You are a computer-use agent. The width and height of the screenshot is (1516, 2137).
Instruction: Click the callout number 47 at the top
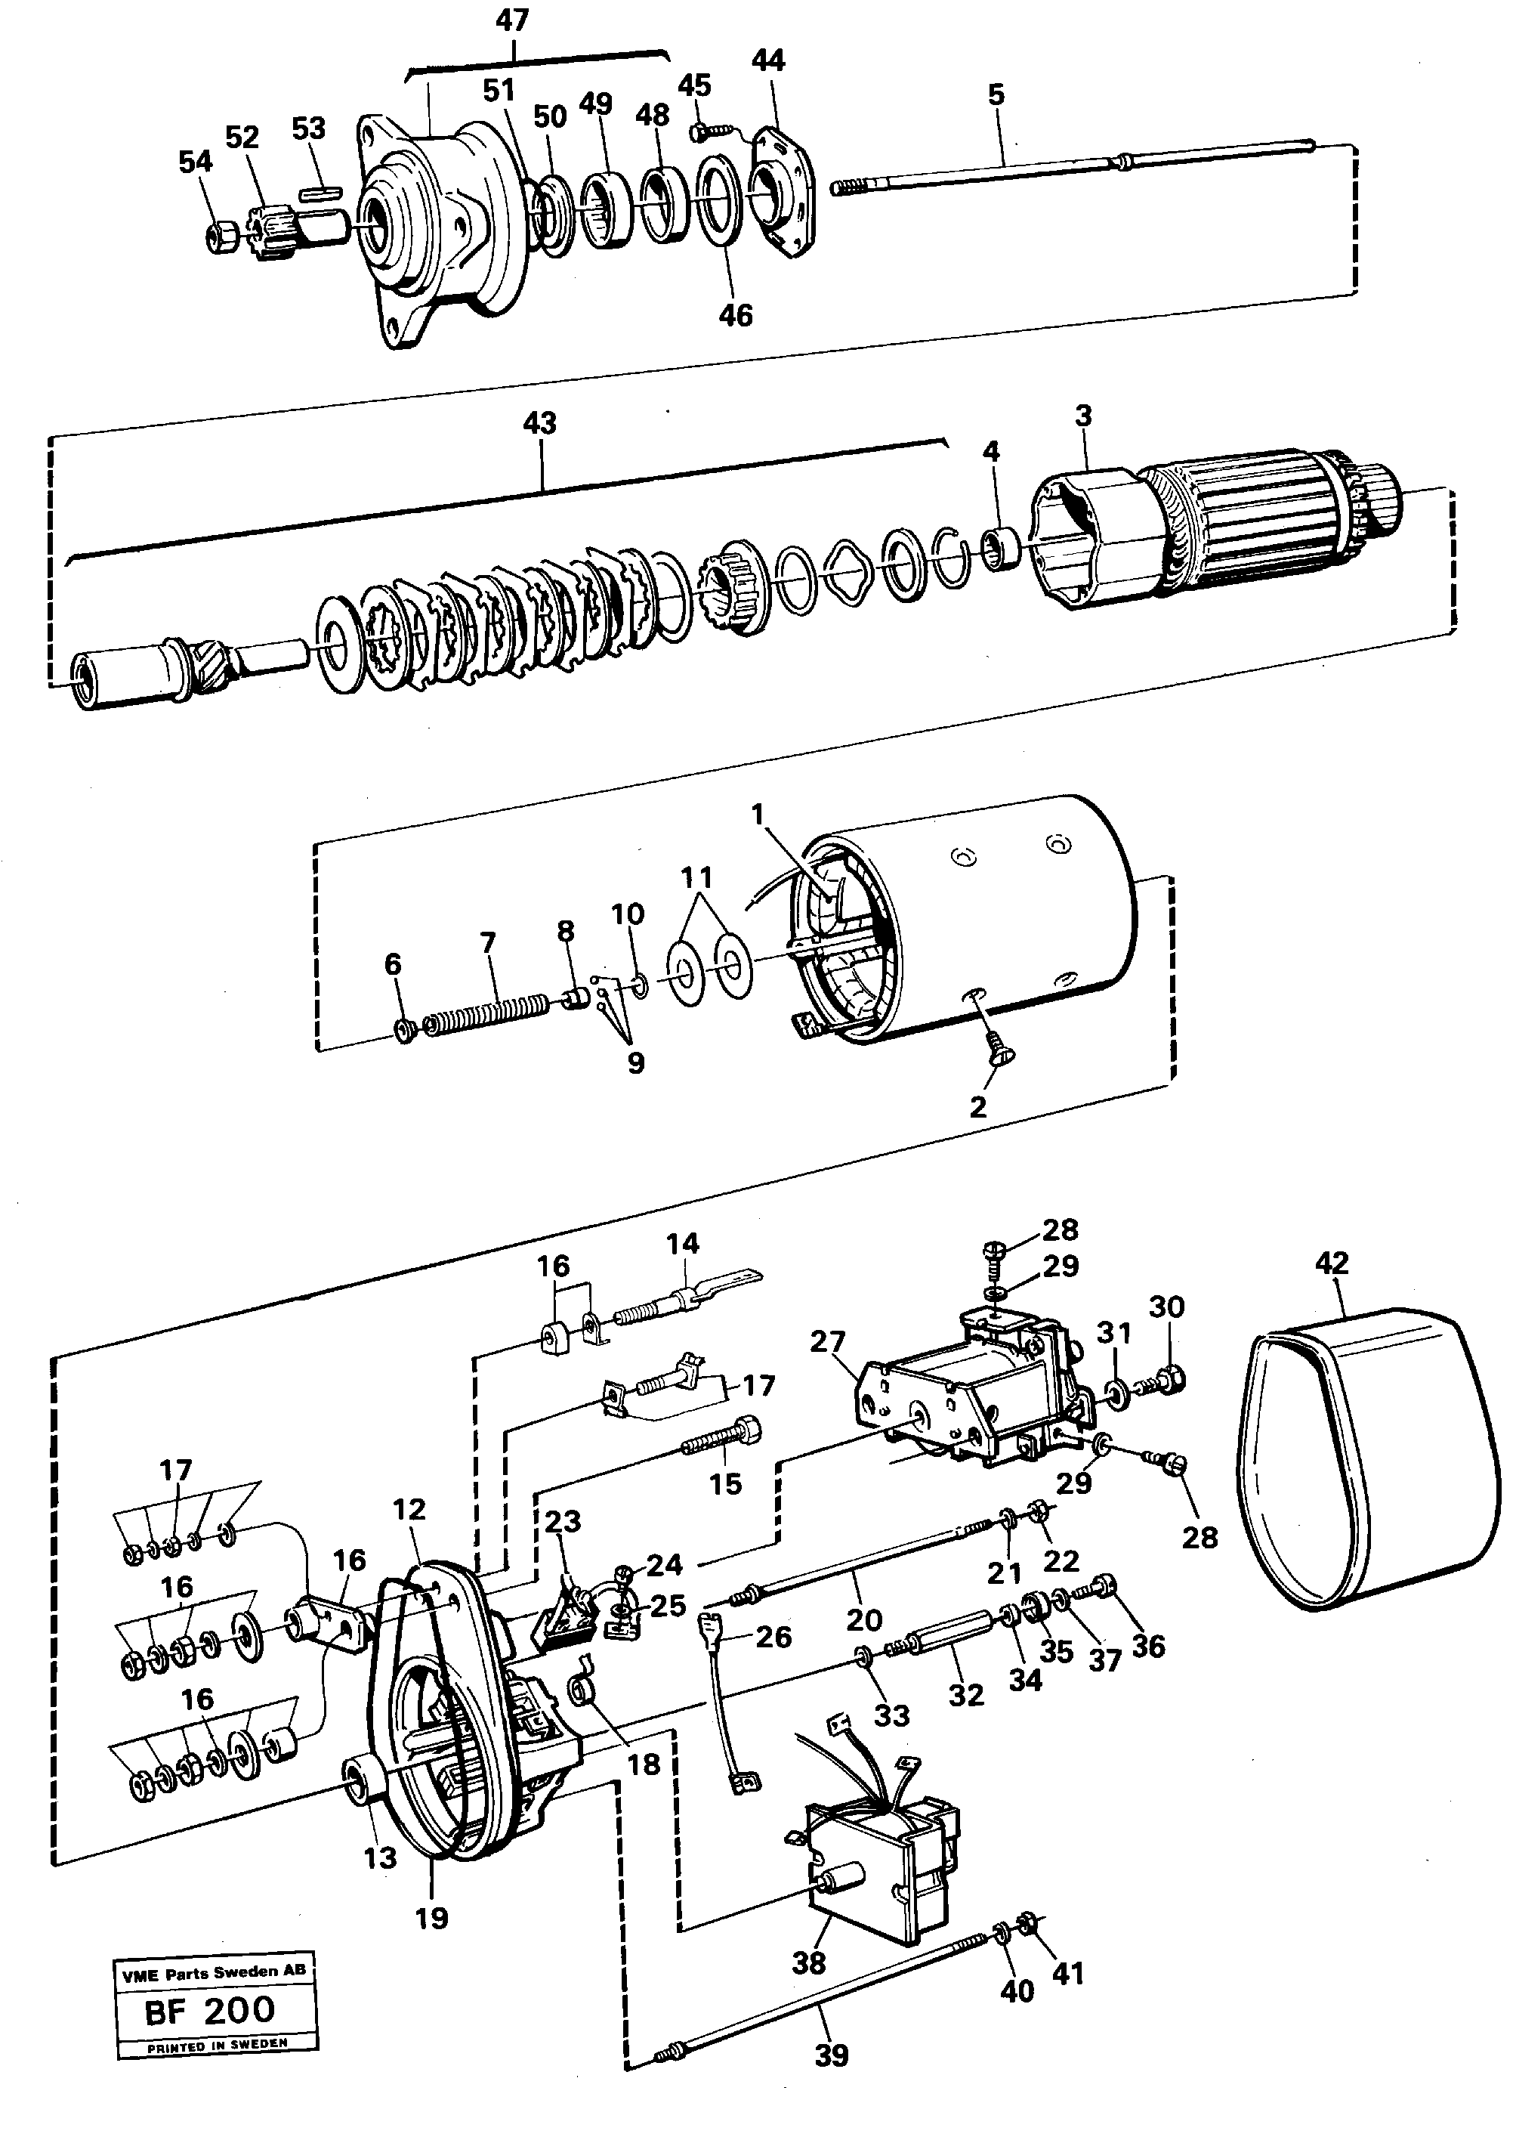511,20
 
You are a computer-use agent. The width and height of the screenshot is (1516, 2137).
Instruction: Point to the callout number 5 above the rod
996,94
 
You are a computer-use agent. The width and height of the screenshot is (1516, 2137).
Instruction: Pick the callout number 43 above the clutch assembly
539,423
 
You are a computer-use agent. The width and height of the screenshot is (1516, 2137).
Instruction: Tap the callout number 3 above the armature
1083,416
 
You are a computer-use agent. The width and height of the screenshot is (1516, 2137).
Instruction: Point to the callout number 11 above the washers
696,877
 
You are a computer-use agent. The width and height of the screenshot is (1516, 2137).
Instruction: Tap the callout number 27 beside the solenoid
827,1341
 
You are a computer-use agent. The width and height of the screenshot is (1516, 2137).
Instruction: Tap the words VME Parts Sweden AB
214,1972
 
